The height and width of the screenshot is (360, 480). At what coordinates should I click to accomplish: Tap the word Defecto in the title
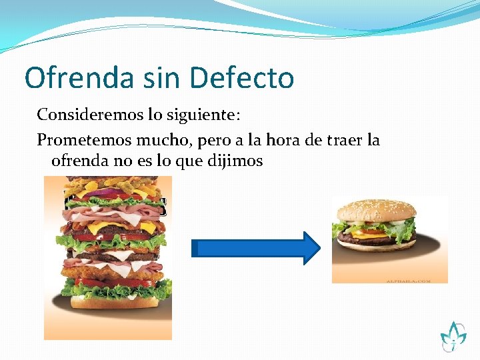[x=242, y=78]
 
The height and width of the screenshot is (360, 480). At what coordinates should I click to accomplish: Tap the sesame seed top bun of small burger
[x=377, y=210]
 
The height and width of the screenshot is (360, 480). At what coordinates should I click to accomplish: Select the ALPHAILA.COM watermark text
[x=408, y=281]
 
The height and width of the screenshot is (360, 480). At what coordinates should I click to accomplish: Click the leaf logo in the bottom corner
[x=453, y=335]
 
